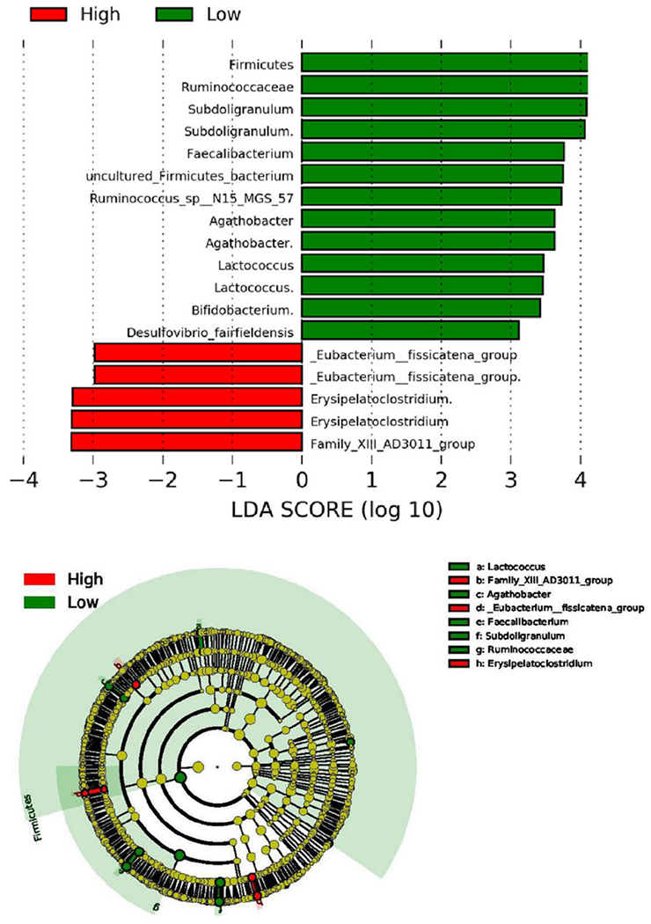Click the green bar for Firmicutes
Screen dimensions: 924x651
click(444, 62)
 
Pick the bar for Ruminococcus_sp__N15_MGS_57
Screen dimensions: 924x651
click(431, 196)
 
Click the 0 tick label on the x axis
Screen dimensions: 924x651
click(302, 482)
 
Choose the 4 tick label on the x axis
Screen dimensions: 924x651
click(580, 482)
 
